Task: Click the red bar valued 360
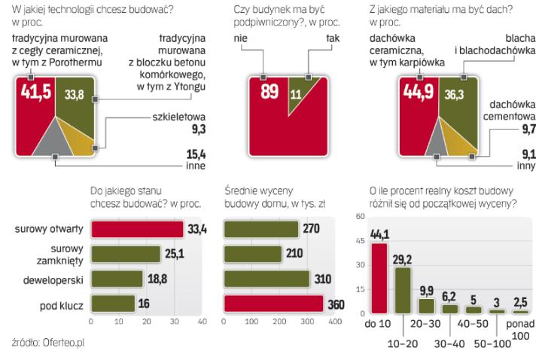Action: [273, 304]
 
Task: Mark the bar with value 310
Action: [266, 279]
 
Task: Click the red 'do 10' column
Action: [381, 278]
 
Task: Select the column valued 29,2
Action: [403, 290]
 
